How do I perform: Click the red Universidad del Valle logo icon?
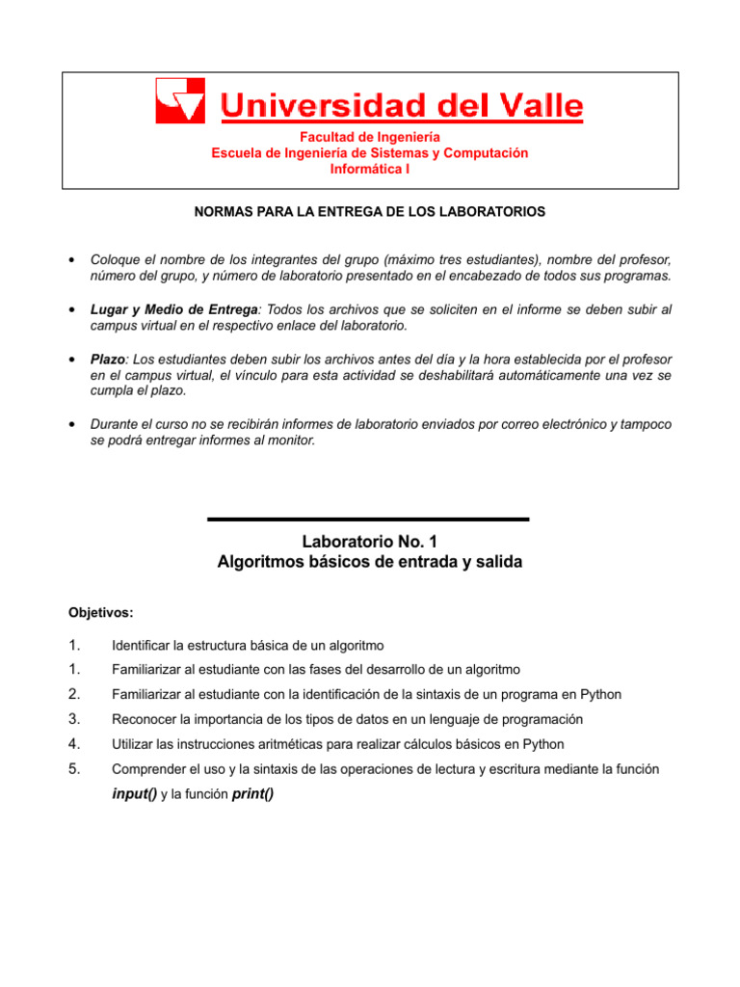coord(179,101)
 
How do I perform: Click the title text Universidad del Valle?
coord(403,105)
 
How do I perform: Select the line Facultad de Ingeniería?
coord(370,138)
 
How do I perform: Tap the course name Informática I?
coord(370,169)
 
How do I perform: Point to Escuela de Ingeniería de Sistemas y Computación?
coord(370,153)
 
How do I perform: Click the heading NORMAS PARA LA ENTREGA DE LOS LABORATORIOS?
coord(370,210)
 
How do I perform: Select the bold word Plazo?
coord(108,358)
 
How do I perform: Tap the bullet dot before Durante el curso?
coord(73,425)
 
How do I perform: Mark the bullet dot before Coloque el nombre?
coord(73,261)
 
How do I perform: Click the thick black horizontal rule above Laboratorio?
coord(368,520)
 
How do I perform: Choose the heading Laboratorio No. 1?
coord(370,542)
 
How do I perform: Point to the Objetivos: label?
coord(101,612)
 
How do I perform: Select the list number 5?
coord(73,768)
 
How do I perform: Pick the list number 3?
coord(73,718)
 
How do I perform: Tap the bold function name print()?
coord(253,793)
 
